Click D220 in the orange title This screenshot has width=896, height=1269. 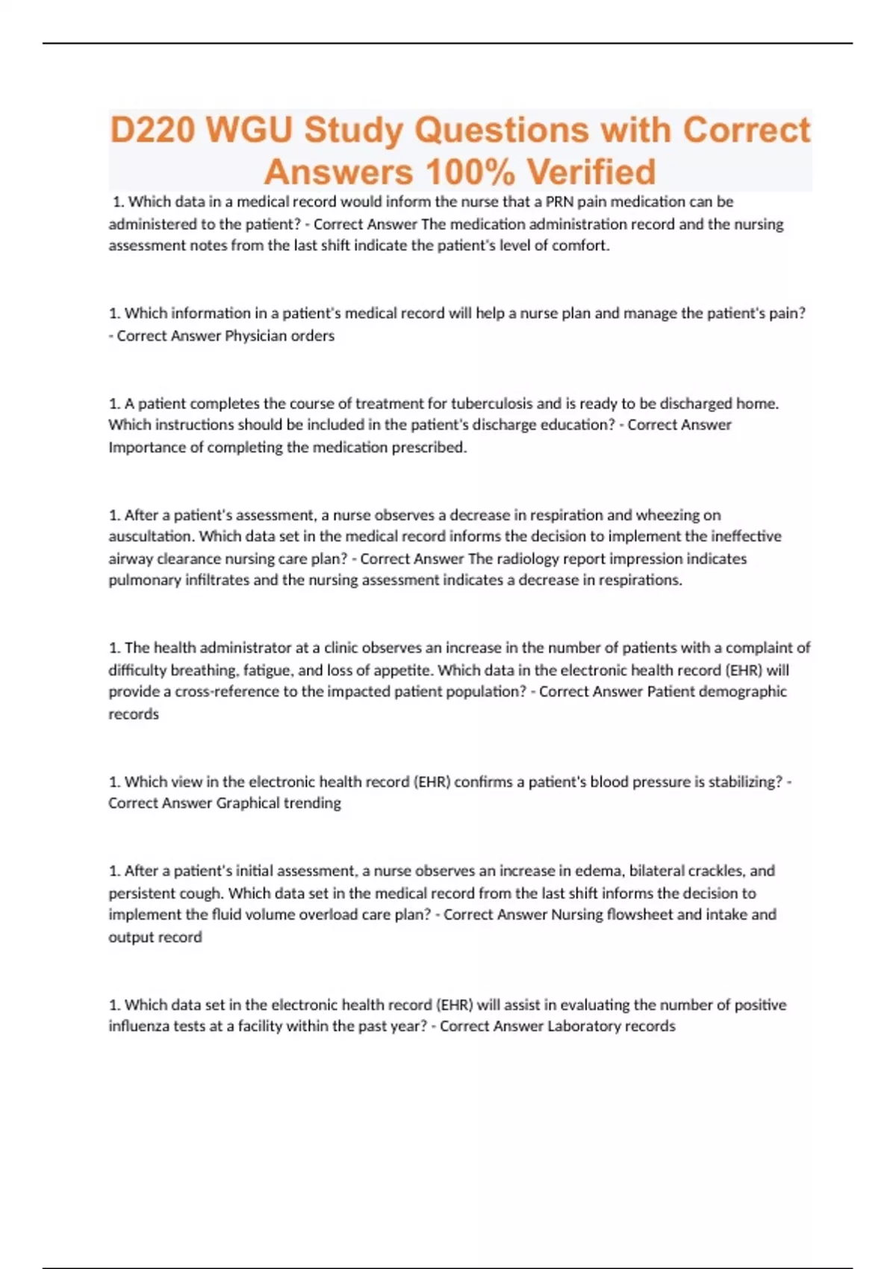pos(152,130)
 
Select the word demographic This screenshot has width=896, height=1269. pos(739,691)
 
